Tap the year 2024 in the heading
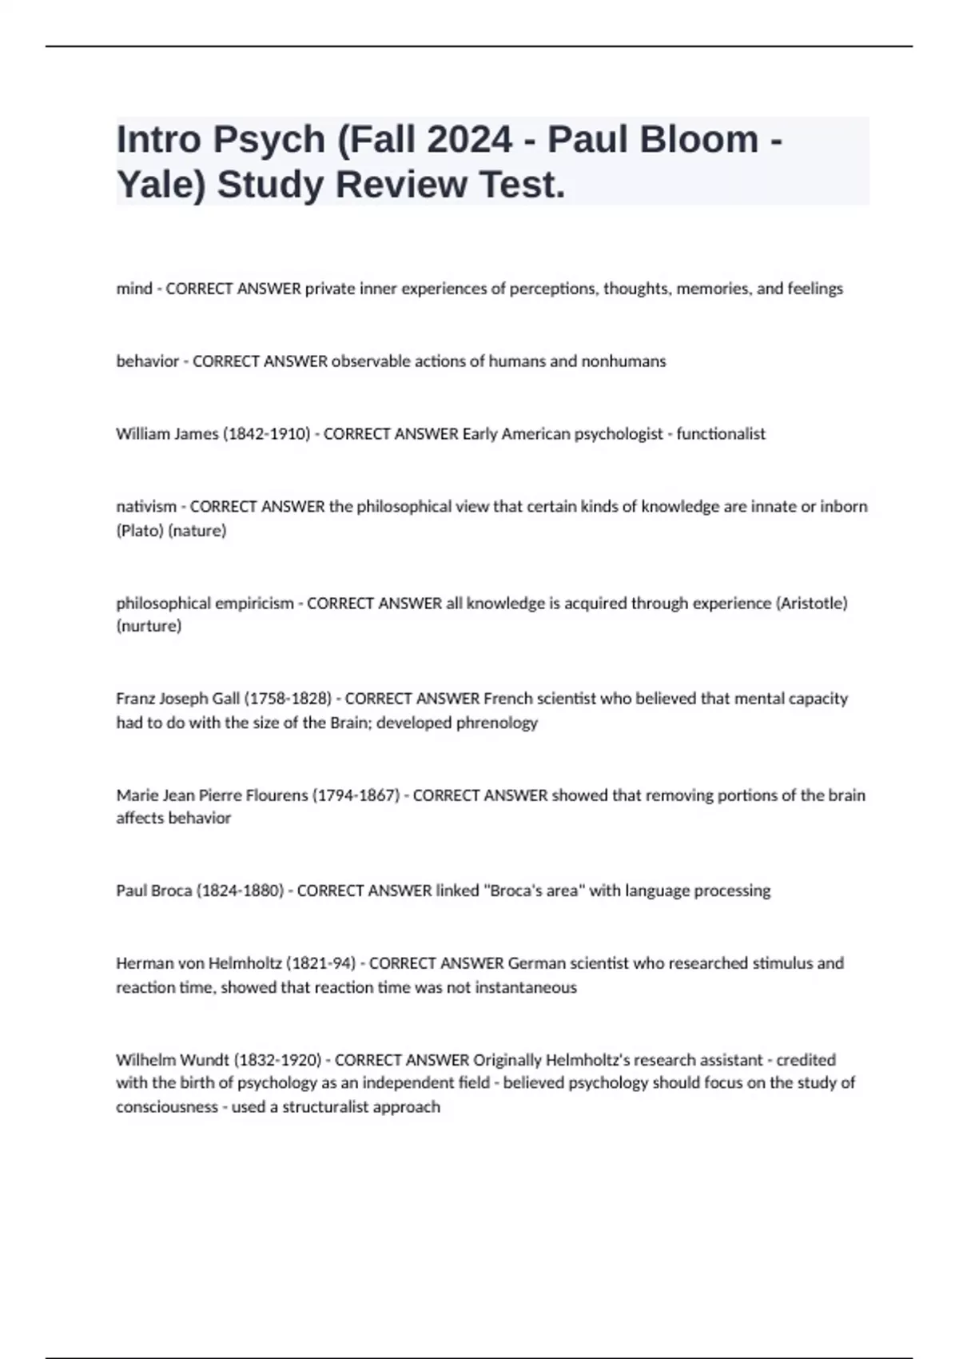click(x=469, y=139)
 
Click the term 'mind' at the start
click(x=133, y=289)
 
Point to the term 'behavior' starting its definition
click(x=148, y=361)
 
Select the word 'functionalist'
click(x=721, y=434)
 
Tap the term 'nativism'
click(x=146, y=507)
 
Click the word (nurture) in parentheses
click(x=149, y=626)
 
